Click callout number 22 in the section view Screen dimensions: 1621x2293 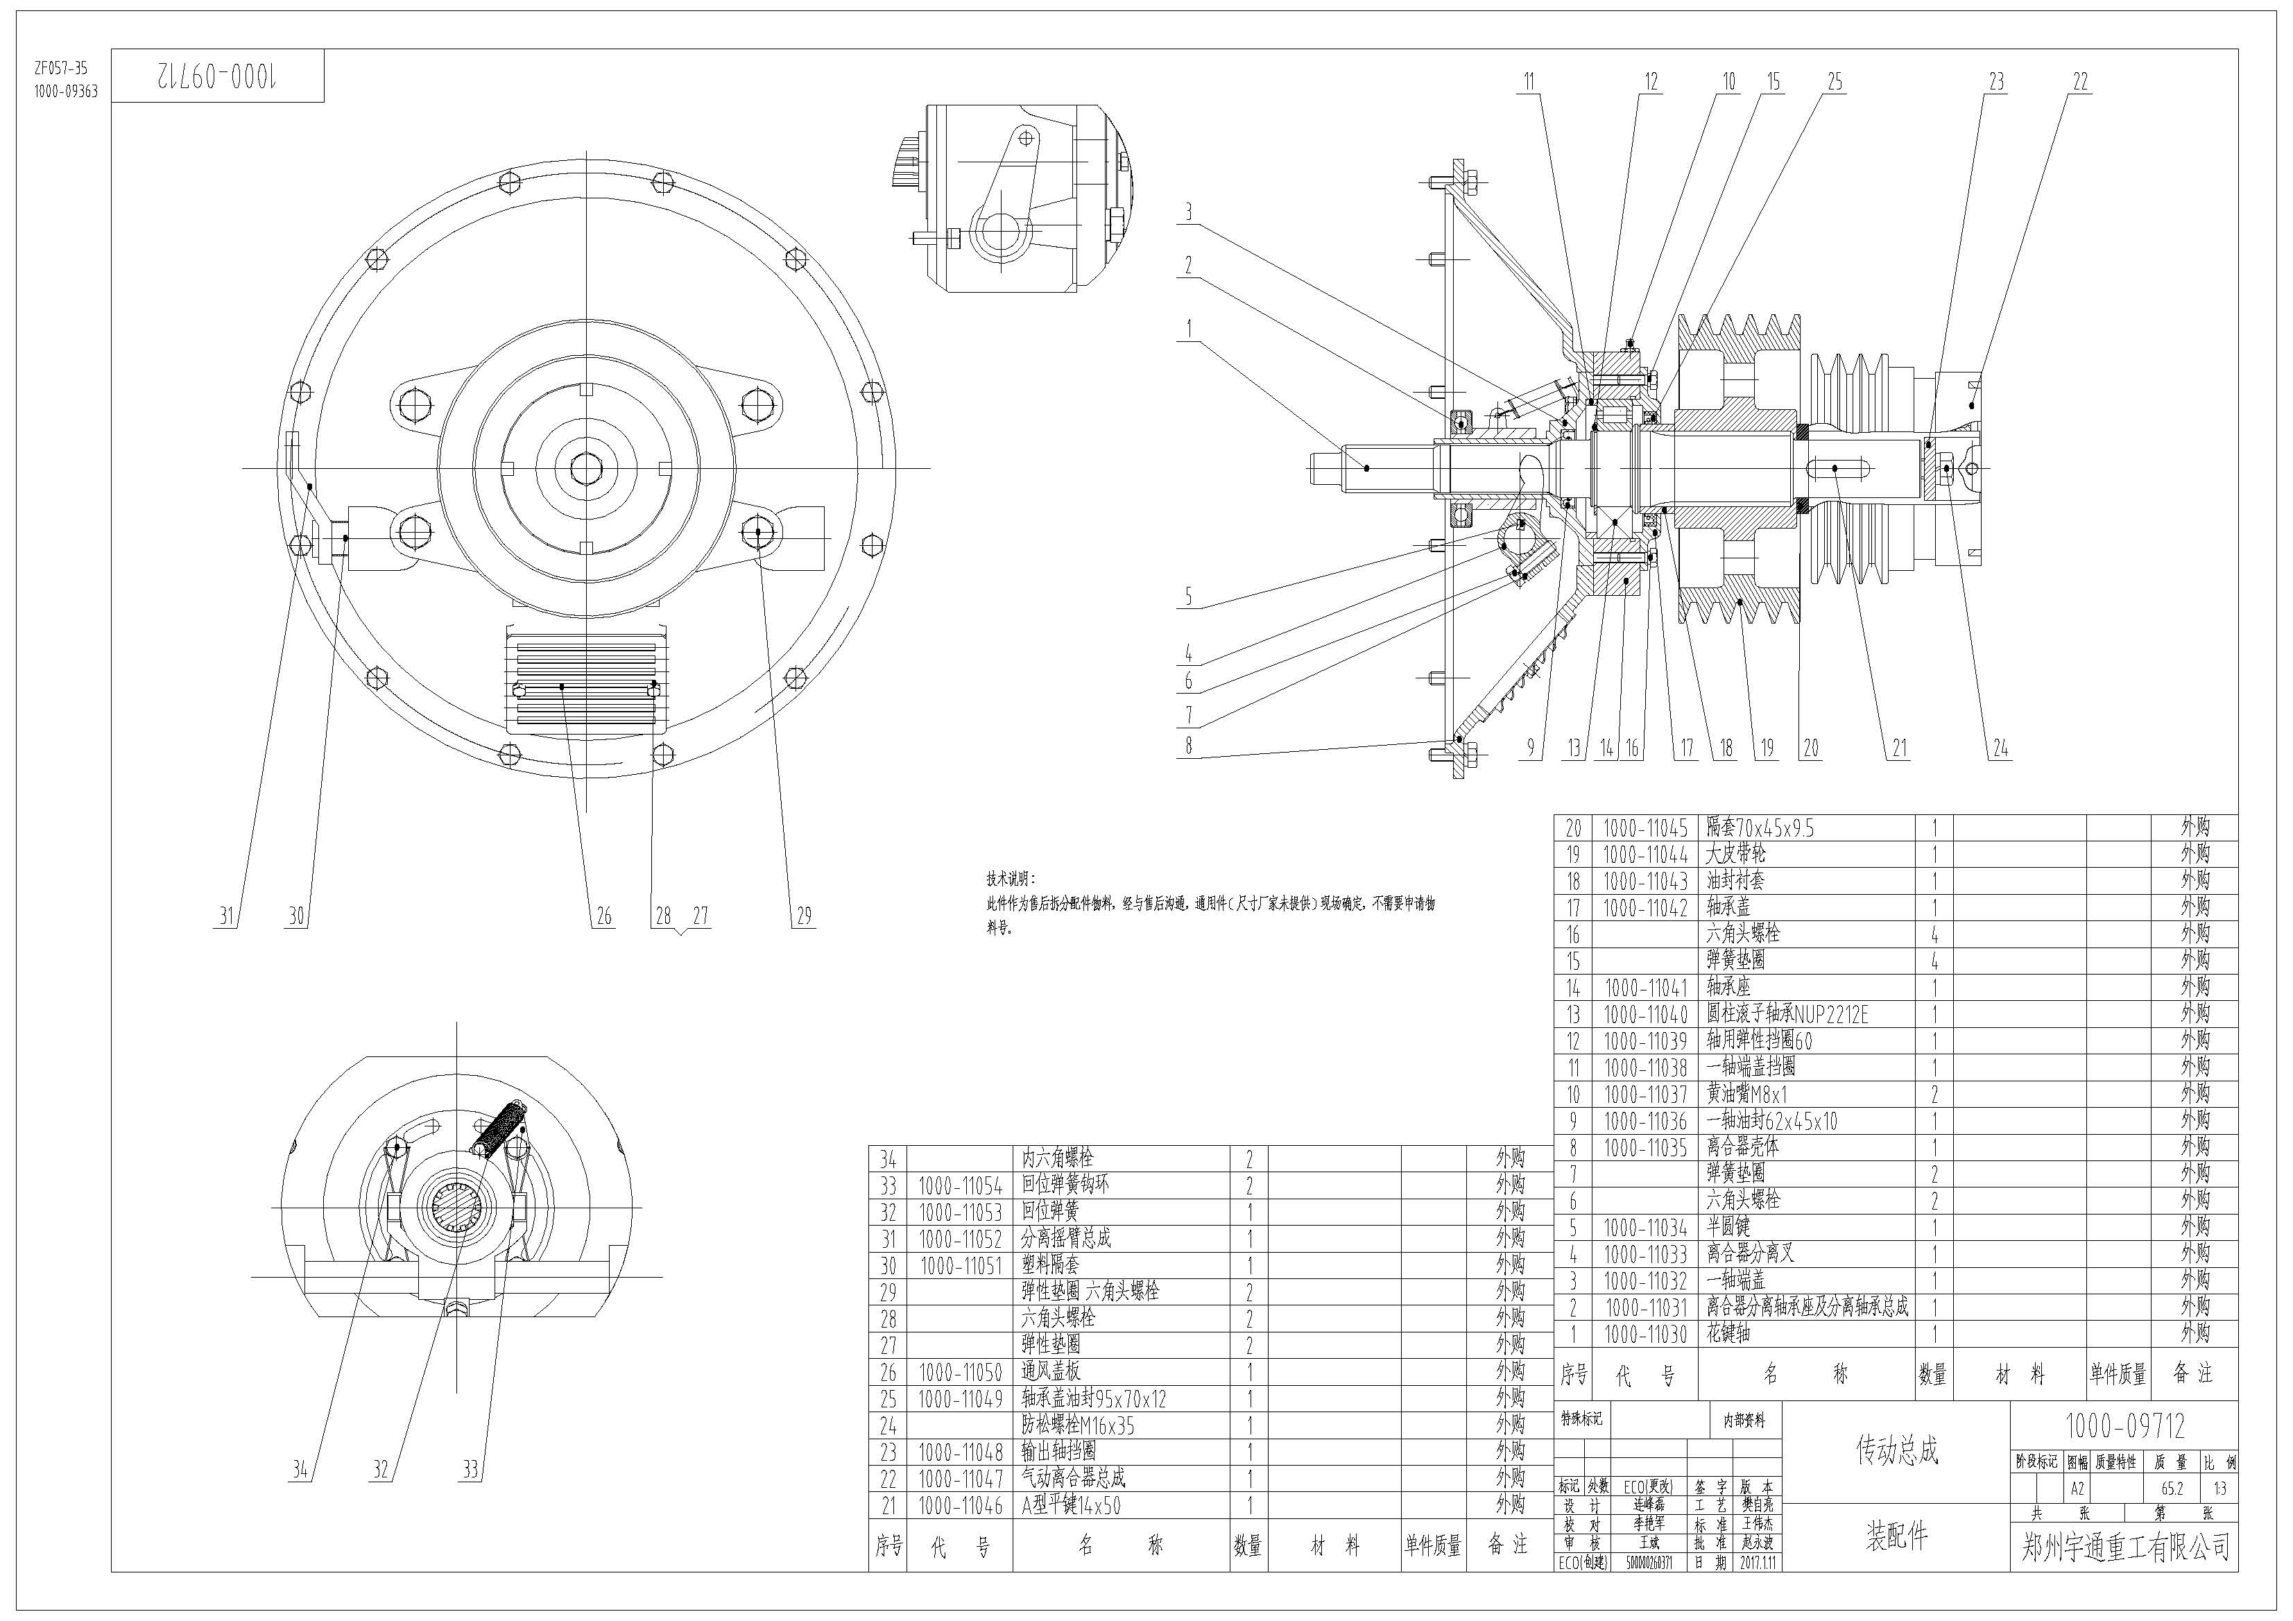(x=2079, y=82)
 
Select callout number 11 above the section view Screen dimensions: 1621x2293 (x=1528, y=82)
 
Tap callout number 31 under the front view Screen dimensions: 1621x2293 (x=227, y=916)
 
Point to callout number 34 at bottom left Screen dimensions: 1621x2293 (x=300, y=1469)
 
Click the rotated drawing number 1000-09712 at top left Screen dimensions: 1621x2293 (x=218, y=76)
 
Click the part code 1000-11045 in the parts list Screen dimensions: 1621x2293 (x=1645, y=828)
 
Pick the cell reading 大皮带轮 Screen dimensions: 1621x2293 (x=1736, y=854)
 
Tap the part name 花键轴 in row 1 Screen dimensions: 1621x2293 (x=1728, y=1333)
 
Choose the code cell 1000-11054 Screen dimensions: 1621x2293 (x=960, y=1185)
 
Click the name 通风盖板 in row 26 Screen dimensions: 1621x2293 (x=1051, y=1371)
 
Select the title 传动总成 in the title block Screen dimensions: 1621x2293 (x=1896, y=1450)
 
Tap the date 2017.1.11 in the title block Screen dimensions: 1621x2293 (x=1758, y=1562)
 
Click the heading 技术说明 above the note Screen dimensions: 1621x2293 (x=1011, y=879)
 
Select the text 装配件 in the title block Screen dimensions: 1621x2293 (x=1896, y=1535)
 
